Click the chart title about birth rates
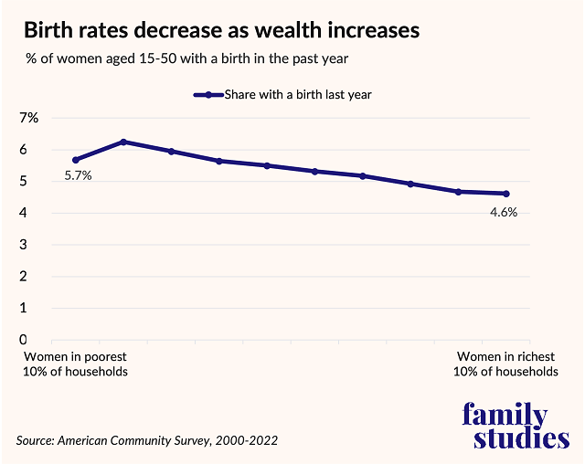point(221,31)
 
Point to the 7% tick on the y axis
point(28,118)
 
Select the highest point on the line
point(123,142)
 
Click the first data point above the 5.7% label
point(76,160)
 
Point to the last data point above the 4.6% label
point(505,194)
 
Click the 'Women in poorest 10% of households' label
point(76,364)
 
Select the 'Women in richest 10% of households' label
point(505,364)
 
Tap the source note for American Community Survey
point(147,440)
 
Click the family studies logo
point(516,426)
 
